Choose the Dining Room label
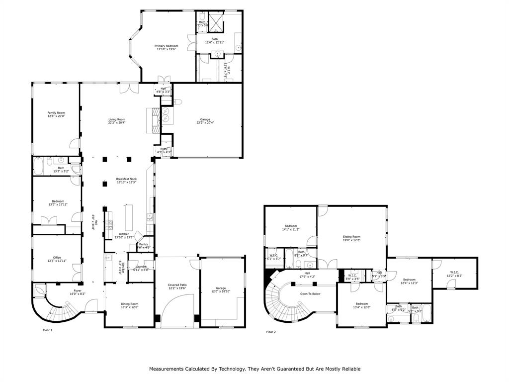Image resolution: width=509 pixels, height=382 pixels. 129,305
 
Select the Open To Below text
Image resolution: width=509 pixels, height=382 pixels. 310,294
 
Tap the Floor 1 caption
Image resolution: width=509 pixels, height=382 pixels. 48,330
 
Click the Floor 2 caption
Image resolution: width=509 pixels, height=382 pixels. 270,332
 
